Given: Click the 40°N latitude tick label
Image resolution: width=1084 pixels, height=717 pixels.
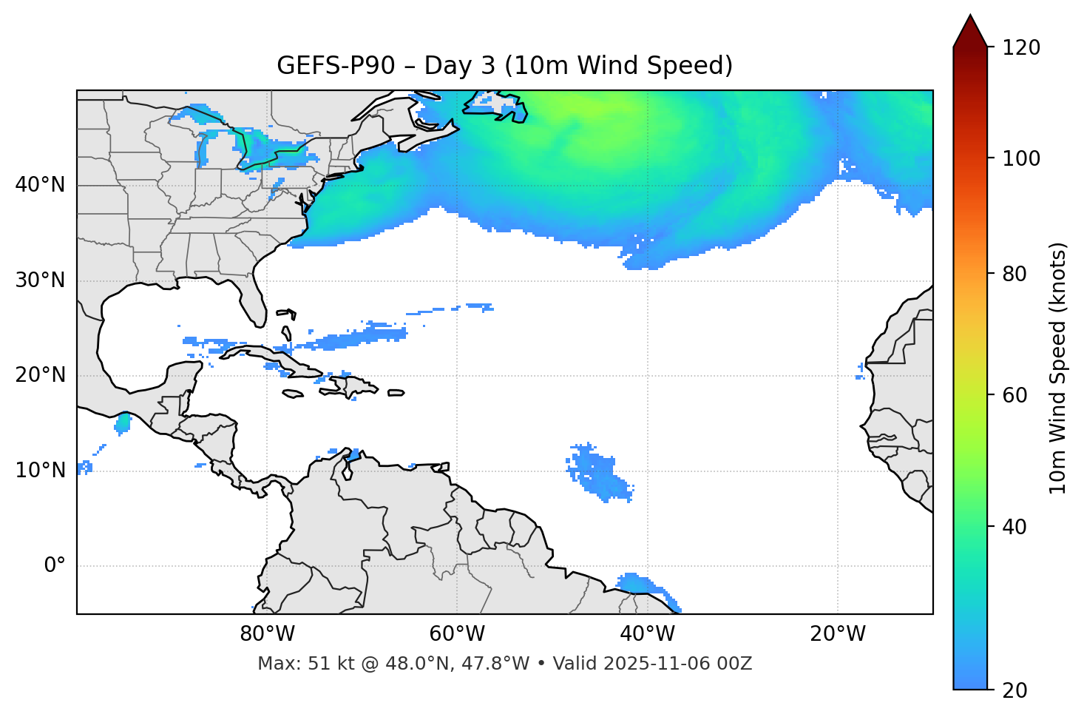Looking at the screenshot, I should tap(40, 185).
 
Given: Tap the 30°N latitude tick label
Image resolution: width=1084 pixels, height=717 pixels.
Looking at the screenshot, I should tap(40, 280).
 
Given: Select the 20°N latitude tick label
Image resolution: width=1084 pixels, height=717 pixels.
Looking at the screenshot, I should tap(40, 375).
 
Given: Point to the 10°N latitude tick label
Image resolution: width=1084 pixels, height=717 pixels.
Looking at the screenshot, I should tap(40, 471).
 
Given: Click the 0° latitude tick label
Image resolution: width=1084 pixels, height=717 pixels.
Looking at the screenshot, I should tap(55, 566).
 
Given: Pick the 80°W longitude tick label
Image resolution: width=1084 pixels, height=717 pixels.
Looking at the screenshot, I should tap(267, 634).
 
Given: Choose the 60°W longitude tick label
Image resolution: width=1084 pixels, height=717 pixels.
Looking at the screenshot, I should tap(457, 634).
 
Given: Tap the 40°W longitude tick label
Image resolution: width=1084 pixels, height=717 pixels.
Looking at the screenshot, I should tap(647, 634).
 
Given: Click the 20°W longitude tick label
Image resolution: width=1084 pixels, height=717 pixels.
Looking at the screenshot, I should tap(838, 634).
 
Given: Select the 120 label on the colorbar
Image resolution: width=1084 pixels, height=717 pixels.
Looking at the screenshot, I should tap(1021, 48).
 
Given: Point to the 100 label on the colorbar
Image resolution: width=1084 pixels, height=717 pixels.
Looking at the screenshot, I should tap(1021, 158).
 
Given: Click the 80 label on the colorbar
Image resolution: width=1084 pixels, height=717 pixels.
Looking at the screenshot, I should tap(1015, 274).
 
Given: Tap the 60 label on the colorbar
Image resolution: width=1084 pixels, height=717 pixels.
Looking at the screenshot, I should tap(1015, 395).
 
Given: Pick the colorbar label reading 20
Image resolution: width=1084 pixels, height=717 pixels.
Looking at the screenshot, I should tap(1015, 690).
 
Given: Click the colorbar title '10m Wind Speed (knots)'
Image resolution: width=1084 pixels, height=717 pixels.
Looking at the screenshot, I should tap(1058, 368).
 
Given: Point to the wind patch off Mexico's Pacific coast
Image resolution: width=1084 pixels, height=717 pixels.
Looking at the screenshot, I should tap(123, 423).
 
